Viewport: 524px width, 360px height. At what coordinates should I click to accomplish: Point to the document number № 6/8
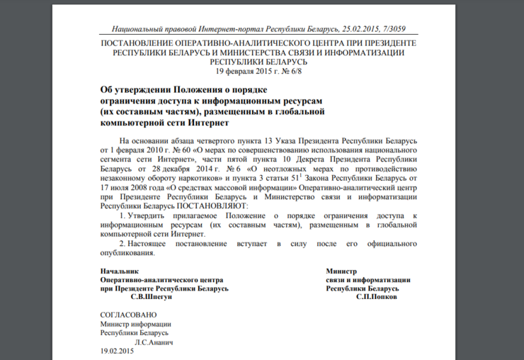[x=297, y=72]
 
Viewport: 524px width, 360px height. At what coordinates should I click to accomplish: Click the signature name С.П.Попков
[x=376, y=297]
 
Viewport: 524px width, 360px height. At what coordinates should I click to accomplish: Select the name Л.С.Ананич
[x=149, y=342]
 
